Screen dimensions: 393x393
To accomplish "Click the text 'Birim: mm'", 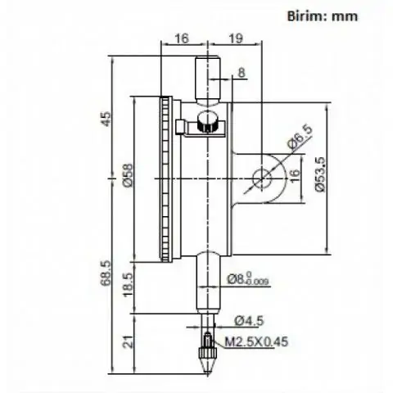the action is [x=323, y=16].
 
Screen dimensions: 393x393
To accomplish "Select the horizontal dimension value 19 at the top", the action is [x=236, y=38].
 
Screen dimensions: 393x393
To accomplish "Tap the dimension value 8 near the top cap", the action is [x=242, y=73].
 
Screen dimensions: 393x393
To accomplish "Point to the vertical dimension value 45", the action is [x=106, y=119].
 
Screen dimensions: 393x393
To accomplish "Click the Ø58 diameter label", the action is [x=128, y=175].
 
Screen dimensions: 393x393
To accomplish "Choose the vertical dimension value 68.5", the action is [x=106, y=273].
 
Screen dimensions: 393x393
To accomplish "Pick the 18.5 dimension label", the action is [x=128, y=284].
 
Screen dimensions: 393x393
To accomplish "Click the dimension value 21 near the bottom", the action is [x=128, y=341].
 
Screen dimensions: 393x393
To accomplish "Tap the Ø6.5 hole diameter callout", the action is [x=300, y=138].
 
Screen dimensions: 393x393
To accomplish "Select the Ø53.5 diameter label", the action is [x=320, y=174].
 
